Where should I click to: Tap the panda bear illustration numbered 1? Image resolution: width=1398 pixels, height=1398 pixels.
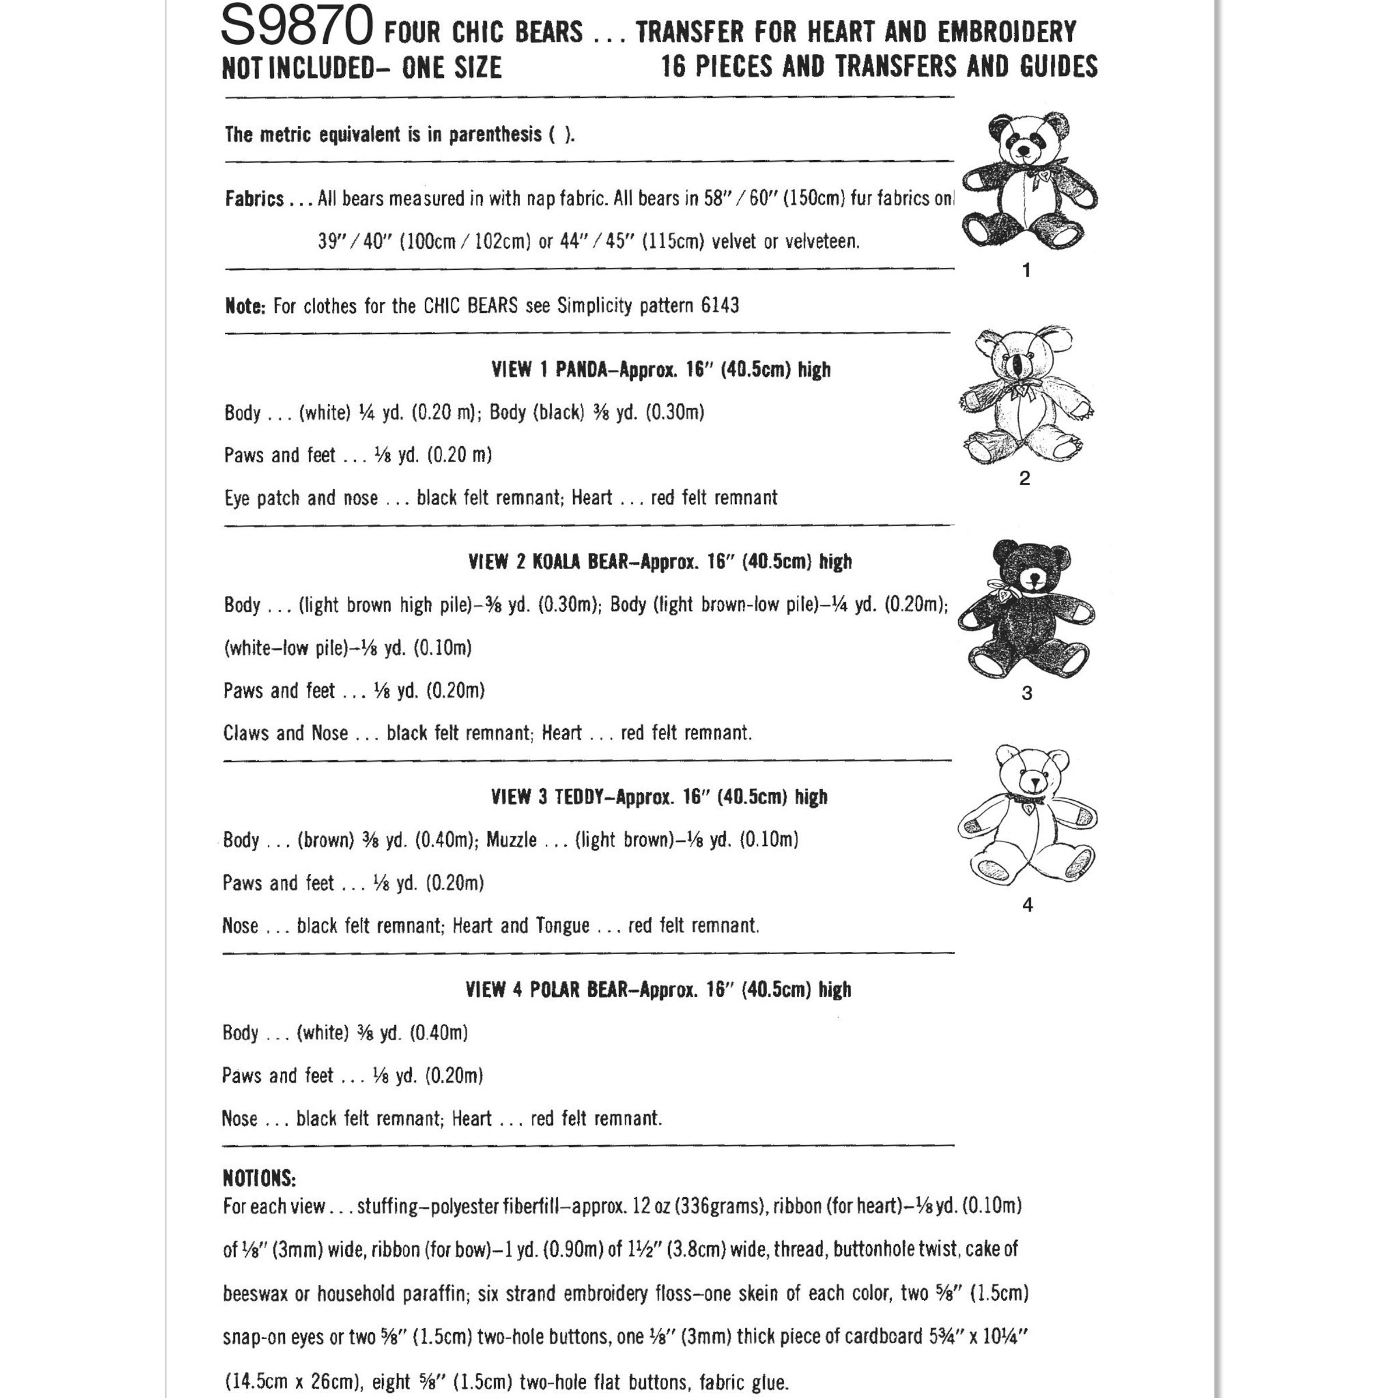1028,181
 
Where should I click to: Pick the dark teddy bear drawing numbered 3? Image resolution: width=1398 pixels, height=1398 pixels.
1026,610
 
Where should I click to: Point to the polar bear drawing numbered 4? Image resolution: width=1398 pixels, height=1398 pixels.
1028,815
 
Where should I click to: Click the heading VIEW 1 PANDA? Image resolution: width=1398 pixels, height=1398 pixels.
549,370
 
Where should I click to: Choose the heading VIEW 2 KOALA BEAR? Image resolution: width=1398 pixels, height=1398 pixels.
550,562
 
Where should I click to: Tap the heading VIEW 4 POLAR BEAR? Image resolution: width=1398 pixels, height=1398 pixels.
547,989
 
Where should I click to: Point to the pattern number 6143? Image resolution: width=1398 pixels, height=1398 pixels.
719,305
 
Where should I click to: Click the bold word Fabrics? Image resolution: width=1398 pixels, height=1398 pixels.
255,199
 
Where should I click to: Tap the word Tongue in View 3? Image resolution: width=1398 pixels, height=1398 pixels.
562,926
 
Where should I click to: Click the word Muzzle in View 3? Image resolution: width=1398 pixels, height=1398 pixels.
511,840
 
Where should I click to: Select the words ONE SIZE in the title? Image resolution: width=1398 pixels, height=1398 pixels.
451,68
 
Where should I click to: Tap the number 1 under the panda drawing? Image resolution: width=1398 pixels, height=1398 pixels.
1026,271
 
